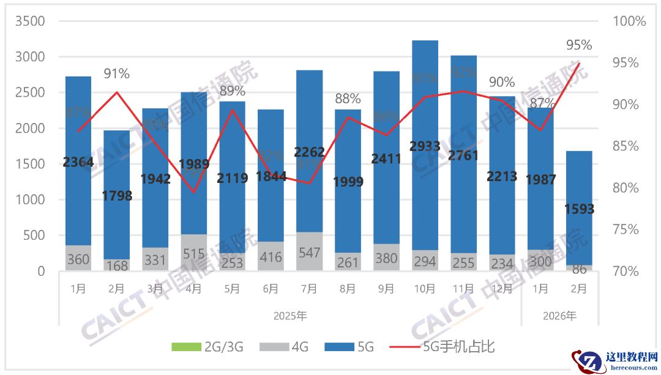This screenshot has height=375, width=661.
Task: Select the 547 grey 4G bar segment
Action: (309, 251)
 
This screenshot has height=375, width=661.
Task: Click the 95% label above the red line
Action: (579, 45)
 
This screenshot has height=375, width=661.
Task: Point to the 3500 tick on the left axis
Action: (29, 21)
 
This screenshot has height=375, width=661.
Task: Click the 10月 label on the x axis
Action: (425, 288)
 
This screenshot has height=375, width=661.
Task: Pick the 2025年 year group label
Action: (290, 316)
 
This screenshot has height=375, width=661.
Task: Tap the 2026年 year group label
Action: (559, 316)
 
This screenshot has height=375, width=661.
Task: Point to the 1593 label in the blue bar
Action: (579, 209)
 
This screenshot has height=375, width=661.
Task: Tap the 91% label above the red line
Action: (116, 74)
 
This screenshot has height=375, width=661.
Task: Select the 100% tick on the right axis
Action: (629, 21)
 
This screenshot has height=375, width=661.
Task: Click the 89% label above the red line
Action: (232, 91)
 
